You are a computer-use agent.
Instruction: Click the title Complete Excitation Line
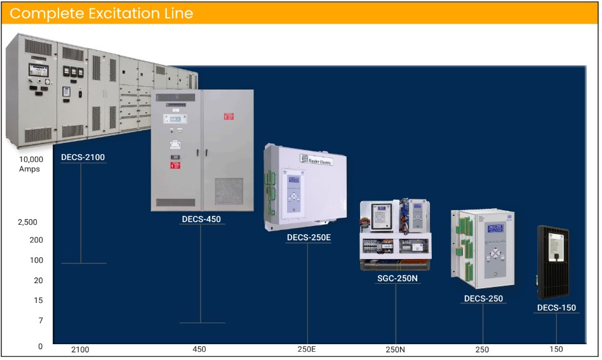[x=102, y=13]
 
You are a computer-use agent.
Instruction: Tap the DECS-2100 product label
[x=83, y=157]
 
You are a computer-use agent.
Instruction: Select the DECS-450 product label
[x=201, y=219]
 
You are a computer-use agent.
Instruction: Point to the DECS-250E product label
[x=309, y=238]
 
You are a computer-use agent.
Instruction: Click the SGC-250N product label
[x=397, y=278]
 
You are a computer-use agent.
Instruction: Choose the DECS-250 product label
[x=483, y=298]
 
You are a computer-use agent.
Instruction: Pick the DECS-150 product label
[x=556, y=308]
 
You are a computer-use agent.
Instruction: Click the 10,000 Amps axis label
[x=30, y=164]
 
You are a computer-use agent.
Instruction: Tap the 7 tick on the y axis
[x=40, y=321]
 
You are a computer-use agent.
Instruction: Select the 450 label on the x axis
[x=199, y=350]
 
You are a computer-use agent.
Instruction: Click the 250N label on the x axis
[x=395, y=350]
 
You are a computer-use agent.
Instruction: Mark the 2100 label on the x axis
[x=80, y=350]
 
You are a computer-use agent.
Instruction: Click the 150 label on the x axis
[x=556, y=350]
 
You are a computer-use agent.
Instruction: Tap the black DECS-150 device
[x=554, y=260]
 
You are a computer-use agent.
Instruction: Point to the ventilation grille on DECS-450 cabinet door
[x=229, y=190]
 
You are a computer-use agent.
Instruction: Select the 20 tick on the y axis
[x=38, y=281]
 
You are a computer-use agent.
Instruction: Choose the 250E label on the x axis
[x=307, y=350]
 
